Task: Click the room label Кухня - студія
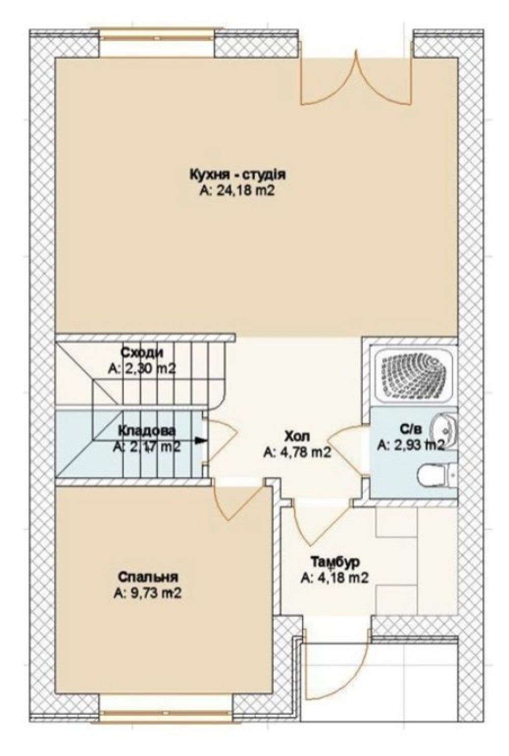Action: [238, 175]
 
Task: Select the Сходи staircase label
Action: [142, 353]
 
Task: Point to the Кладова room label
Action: [147, 431]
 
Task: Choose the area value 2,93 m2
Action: [411, 445]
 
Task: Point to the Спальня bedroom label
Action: [148, 577]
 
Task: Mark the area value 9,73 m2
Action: [148, 593]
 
